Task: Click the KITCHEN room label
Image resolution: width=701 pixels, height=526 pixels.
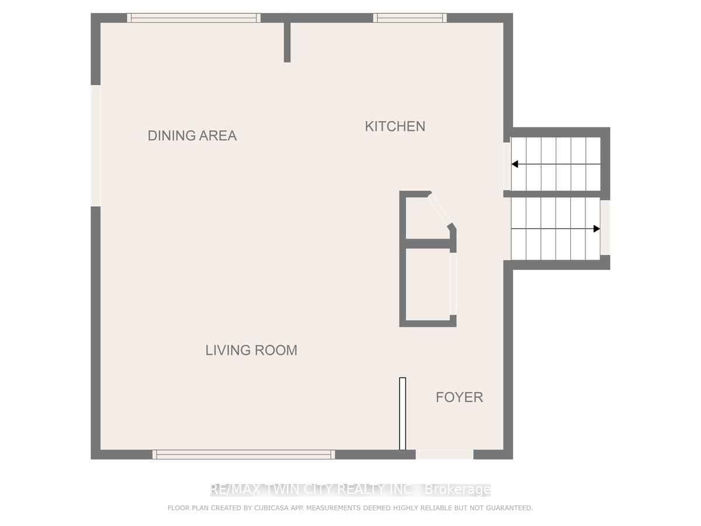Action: click(x=395, y=126)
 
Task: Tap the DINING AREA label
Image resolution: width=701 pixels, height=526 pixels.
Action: click(x=192, y=136)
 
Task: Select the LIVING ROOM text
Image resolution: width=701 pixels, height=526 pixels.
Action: click(x=251, y=350)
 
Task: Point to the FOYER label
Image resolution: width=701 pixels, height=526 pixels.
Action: click(x=459, y=397)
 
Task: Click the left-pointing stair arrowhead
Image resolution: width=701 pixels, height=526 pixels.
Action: click(x=515, y=164)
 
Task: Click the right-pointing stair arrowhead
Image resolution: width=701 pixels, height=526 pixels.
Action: click(x=596, y=229)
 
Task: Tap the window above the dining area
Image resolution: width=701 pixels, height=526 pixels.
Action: click(x=193, y=18)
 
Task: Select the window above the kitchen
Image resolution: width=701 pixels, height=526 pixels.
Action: click(x=410, y=18)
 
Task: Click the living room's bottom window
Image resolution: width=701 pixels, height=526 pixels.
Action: click(x=244, y=455)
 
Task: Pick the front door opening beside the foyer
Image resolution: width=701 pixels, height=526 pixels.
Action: click(x=444, y=455)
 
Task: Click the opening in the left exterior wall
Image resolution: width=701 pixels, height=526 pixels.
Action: click(x=96, y=146)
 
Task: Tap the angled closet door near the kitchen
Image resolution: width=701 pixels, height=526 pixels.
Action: click(x=440, y=209)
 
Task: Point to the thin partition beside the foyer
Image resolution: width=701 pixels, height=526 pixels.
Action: click(x=402, y=414)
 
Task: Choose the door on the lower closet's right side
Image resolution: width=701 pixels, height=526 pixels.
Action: click(x=453, y=284)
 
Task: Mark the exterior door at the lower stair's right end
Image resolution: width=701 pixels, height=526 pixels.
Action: click(x=605, y=227)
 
